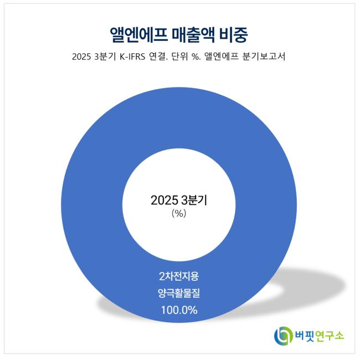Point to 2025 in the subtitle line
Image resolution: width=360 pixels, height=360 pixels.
(82, 57)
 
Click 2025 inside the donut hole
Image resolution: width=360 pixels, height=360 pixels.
(164, 200)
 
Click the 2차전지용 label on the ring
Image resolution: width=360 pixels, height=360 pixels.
(179, 275)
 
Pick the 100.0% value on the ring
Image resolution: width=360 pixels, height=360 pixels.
(179, 310)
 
